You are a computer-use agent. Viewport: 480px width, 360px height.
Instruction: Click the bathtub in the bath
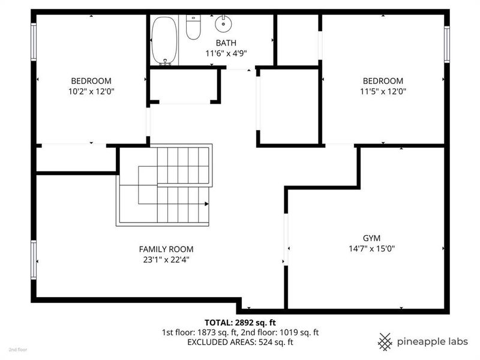coord(164,40)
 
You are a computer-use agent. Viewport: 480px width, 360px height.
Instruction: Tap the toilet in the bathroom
coord(193,27)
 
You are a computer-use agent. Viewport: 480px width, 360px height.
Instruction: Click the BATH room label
coord(226,43)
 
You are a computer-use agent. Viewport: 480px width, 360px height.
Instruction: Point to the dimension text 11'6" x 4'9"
coord(226,53)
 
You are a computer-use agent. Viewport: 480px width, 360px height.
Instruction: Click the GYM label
coord(371,238)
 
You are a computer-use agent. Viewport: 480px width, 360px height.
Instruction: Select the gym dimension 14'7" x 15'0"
coord(371,248)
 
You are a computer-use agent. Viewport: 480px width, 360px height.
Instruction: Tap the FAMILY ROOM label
coord(166,249)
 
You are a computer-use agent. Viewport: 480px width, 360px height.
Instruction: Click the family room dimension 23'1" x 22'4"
coord(166,260)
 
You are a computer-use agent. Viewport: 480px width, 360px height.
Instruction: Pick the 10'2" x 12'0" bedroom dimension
coord(91,92)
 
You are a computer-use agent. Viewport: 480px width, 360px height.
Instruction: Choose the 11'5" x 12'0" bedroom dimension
coord(382,92)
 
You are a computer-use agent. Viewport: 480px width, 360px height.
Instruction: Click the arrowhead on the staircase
coord(206,204)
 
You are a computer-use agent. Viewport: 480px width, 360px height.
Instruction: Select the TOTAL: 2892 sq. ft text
coord(239,322)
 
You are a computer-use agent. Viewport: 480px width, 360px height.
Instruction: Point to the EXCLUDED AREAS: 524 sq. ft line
coord(239,342)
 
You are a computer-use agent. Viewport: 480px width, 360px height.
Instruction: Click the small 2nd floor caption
coord(18,349)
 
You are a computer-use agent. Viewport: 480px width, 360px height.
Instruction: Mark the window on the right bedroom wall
coord(446,44)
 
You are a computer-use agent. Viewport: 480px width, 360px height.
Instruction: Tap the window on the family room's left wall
coord(34,260)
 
